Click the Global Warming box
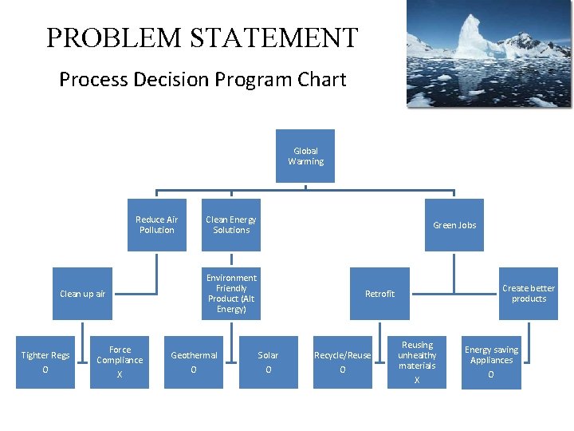click(305, 156)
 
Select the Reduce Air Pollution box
click(156, 224)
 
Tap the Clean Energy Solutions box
click(231, 224)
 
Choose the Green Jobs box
click(454, 225)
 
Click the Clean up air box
click(83, 294)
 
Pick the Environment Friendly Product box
click(231, 293)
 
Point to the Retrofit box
click(379, 294)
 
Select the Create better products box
click(529, 293)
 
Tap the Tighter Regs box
click(45, 362)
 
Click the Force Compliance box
click(120, 362)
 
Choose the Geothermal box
click(194, 362)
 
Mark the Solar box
click(268, 362)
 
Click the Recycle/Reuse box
click(343, 362)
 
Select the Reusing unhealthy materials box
click(417, 362)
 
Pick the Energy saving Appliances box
click(491, 362)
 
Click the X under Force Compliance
click(120, 374)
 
